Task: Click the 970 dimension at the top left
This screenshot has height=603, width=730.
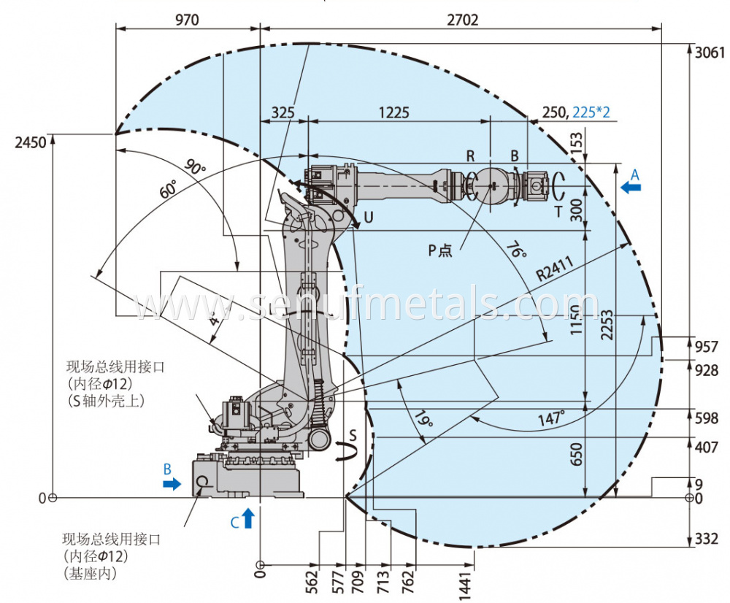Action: tap(187, 20)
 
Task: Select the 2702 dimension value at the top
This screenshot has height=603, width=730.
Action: tap(462, 20)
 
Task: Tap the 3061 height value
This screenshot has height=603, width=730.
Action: tap(710, 53)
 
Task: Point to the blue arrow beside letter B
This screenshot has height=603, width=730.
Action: tap(172, 483)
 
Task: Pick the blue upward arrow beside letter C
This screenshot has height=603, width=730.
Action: tap(248, 518)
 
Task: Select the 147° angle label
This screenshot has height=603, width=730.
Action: tap(552, 418)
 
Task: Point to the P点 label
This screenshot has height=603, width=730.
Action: tap(440, 250)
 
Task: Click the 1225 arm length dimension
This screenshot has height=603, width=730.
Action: tap(393, 112)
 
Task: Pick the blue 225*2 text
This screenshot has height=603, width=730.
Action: tap(591, 112)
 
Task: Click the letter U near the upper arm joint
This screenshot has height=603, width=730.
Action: tap(369, 217)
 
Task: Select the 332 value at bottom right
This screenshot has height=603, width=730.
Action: tap(707, 539)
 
